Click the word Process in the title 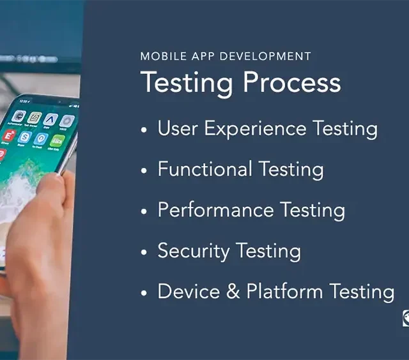pos(292,82)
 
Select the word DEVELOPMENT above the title pos(266,56)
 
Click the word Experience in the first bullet pos(255,129)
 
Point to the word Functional pos(204,169)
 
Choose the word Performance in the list pos(216,210)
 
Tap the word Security pos(194,251)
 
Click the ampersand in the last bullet pos(233,291)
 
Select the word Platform pos(284,291)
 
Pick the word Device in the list pos(189,291)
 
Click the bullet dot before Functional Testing pos(144,170)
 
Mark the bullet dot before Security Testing pos(144,252)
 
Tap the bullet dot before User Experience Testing pos(144,130)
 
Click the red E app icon pos(9,136)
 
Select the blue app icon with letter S pos(25,137)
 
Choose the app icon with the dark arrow pos(50,120)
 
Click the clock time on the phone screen pos(25,101)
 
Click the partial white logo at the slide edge pos(406,318)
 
